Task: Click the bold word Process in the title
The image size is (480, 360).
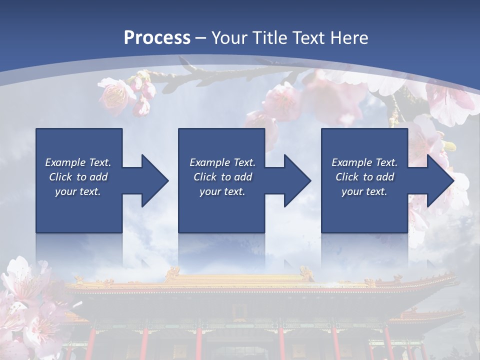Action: [157, 38]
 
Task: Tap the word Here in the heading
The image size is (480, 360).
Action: [350, 38]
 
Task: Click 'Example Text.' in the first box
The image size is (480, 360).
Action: [78, 162]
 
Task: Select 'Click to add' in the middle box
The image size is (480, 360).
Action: [222, 177]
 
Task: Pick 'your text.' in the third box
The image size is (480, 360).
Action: [364, 191]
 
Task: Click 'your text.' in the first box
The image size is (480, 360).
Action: [78, 191]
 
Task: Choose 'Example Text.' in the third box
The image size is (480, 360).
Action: [364, 162]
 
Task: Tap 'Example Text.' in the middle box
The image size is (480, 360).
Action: [222, 162]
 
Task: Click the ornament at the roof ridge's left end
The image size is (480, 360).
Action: [172, 273]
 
